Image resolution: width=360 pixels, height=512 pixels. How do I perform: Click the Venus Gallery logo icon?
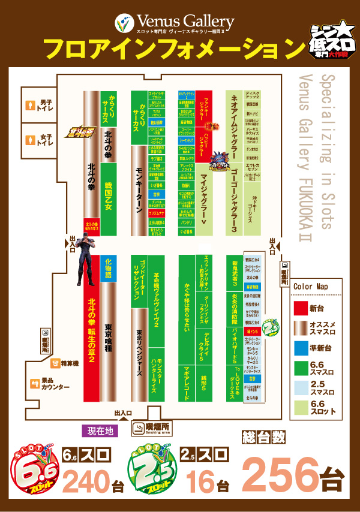[x=123, y=23]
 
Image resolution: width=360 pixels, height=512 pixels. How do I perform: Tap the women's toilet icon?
[x=31, y=140]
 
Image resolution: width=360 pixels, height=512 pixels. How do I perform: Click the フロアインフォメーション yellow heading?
[x=171, y=48]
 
